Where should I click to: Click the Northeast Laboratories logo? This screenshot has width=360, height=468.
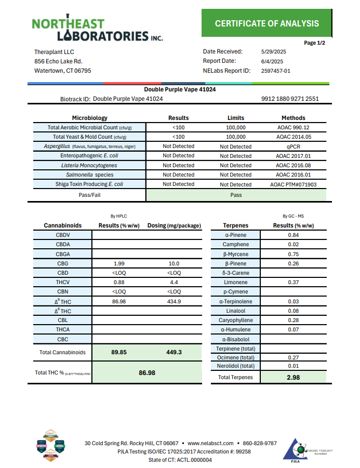pyautogui.click(x=98, y=30)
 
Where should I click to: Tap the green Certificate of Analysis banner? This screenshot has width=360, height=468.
pyautogui.click(x=266, y=23)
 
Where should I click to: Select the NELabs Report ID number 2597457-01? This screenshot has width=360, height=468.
pyautogui.click(x=276, y=71)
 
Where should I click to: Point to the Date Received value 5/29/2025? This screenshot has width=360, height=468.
pyautogui.click(x=274, y=51)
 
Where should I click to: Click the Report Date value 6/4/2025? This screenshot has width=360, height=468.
pyautogui.click(x=272, y=61)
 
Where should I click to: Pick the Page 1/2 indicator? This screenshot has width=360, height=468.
pyautogui.click(x=314, y=43)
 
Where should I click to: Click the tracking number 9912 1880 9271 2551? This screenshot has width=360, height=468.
pyautogui.click(x=290, y=99)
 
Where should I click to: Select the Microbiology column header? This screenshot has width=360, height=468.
pyautogui.click(x=89, y=118)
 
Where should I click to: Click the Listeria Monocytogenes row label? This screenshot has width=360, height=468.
pyautogui.click(x=89, y=165)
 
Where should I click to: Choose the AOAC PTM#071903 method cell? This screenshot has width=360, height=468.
pyautogui.click(x=293, y=184)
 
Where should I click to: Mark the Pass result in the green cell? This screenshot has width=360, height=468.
pyautogui.click(x=236, y=195)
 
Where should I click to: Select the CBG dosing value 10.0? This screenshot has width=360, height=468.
pyautogui.click(x=174, y=263)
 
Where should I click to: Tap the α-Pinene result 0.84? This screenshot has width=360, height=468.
pyautogui.click(x=293, y=235)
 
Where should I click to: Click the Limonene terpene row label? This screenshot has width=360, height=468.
pyautogui.click(x=235, y=282)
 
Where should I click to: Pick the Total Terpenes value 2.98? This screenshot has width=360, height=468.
pyautogui.click(x=293, y=378)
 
